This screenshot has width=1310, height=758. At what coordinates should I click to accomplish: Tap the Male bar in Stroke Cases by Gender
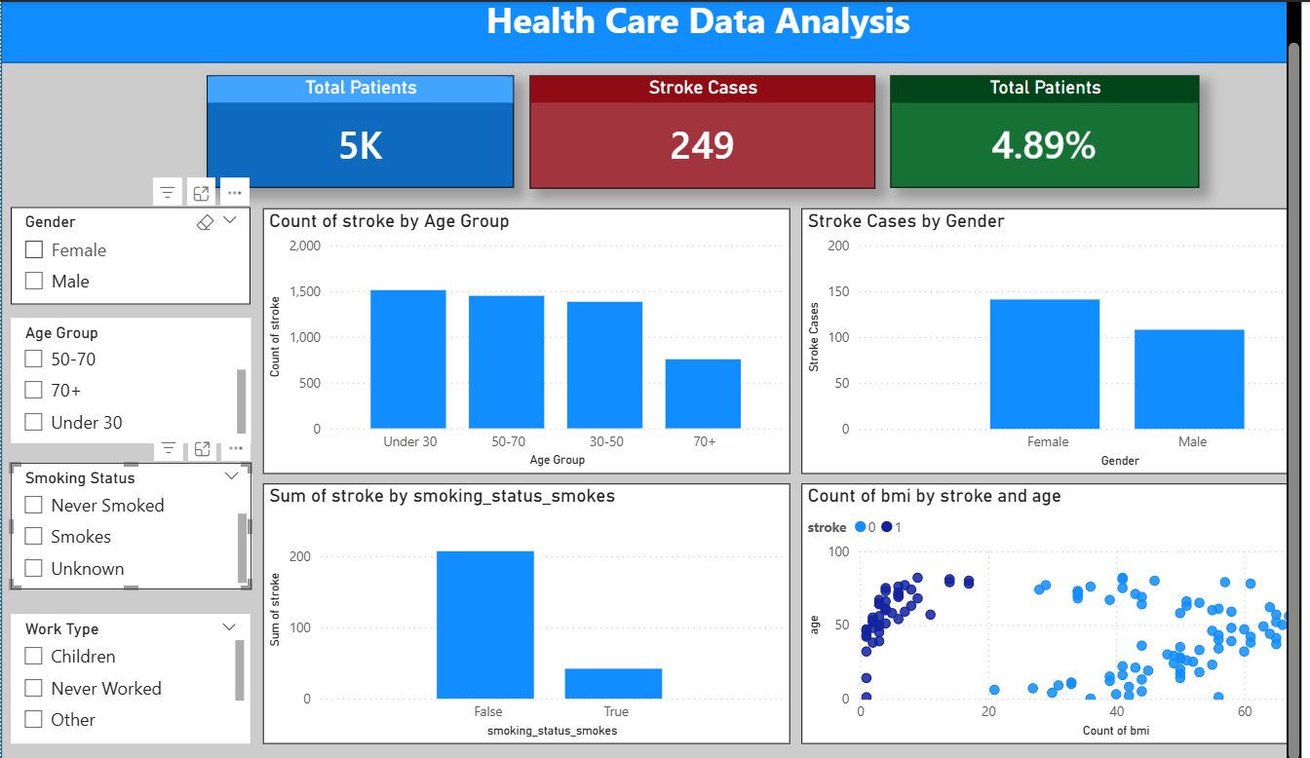tap(1189, 379)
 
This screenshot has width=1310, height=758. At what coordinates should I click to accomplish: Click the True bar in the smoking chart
tap(613, 683)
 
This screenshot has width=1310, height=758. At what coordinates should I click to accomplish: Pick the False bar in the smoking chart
tap(484, 625)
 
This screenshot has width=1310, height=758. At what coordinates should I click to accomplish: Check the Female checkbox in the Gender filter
tap(34, 250)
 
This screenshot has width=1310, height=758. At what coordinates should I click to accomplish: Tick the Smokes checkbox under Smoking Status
tap(34, 537)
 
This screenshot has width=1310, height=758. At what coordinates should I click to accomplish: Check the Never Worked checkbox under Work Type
tap(34, 689)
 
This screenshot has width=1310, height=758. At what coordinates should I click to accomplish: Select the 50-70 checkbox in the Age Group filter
tap(34, 360)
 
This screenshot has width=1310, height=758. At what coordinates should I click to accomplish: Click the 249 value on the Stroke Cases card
tap(702, 146)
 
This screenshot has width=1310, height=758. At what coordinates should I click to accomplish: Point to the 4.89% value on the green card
tap(1043, 146)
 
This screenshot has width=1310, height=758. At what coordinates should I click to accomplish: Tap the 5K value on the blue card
tap(360, 146)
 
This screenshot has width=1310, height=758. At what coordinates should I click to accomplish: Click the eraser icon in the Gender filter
tap(205, 222)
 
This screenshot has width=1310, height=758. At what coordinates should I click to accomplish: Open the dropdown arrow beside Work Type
tap(230, 627)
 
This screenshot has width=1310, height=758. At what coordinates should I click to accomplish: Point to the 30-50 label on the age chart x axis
tap(605, 442)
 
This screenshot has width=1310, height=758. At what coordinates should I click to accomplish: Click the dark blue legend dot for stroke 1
tap(887, 527)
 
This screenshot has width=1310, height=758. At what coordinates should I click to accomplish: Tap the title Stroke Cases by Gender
tap(905, 221)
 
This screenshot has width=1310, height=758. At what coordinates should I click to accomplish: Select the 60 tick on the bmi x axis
tap(1244, 712)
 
